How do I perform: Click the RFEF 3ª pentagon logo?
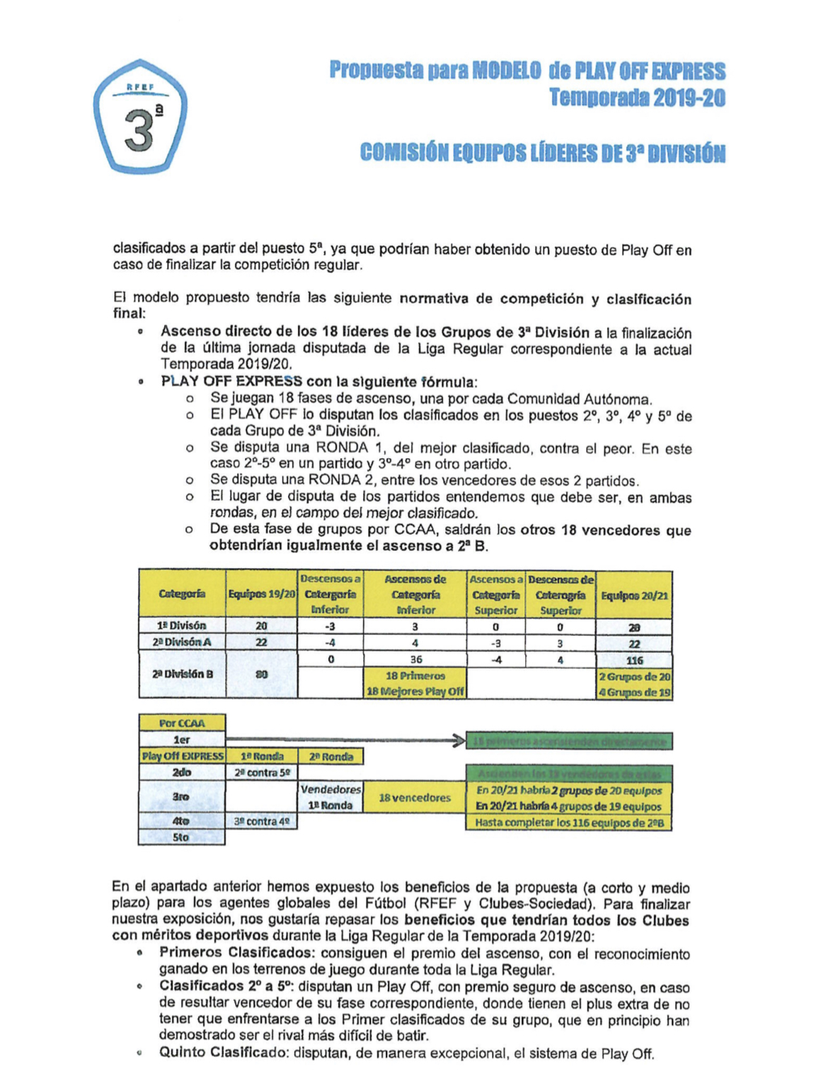[x=139, y=117]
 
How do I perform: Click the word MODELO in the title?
[x=506, y=71]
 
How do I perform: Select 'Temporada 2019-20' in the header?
[x=638, y=98]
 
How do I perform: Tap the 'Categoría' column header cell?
[x=182, y=594]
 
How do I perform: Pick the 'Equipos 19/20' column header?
[x=261, y=594]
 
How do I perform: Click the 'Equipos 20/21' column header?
[x=634, y=595]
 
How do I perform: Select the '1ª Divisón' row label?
[x=182, y=626]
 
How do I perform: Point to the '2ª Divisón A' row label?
[x=182, y=642]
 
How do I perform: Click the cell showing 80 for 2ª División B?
[x=261, y=675]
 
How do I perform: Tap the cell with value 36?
[x=415, y=659]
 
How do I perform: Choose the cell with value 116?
[x=634, y=660]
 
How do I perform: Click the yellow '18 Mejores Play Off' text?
[x=415, y=691]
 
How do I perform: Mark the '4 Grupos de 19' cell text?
[x=634, y=692]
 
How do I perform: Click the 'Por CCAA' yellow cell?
[x=182, y=723]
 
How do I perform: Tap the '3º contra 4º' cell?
[x=262, y=821]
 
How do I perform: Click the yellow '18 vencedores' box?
[x=415, y=798]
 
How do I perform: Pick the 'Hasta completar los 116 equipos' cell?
[x=569, y=823]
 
